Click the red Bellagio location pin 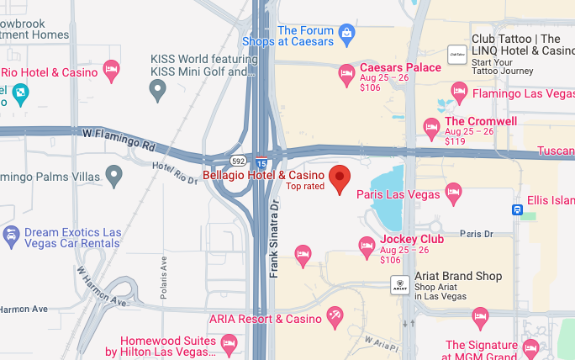pos(340,178)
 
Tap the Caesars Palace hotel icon pos(346,75)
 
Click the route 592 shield pos(239,159)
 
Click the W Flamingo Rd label pos(119,134)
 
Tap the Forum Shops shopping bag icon pos(346,34)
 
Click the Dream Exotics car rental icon pos(11,233)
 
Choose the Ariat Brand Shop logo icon pos(401,284)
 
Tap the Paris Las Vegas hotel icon pos(453,194)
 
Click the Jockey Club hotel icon pos(367,246)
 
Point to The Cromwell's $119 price pos(455,141)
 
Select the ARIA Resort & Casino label pos(265,319)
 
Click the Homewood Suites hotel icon pos(228,343)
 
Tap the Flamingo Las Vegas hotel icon pos(459,91)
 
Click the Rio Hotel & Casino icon pos(111,69)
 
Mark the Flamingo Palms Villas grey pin pos(114,177)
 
